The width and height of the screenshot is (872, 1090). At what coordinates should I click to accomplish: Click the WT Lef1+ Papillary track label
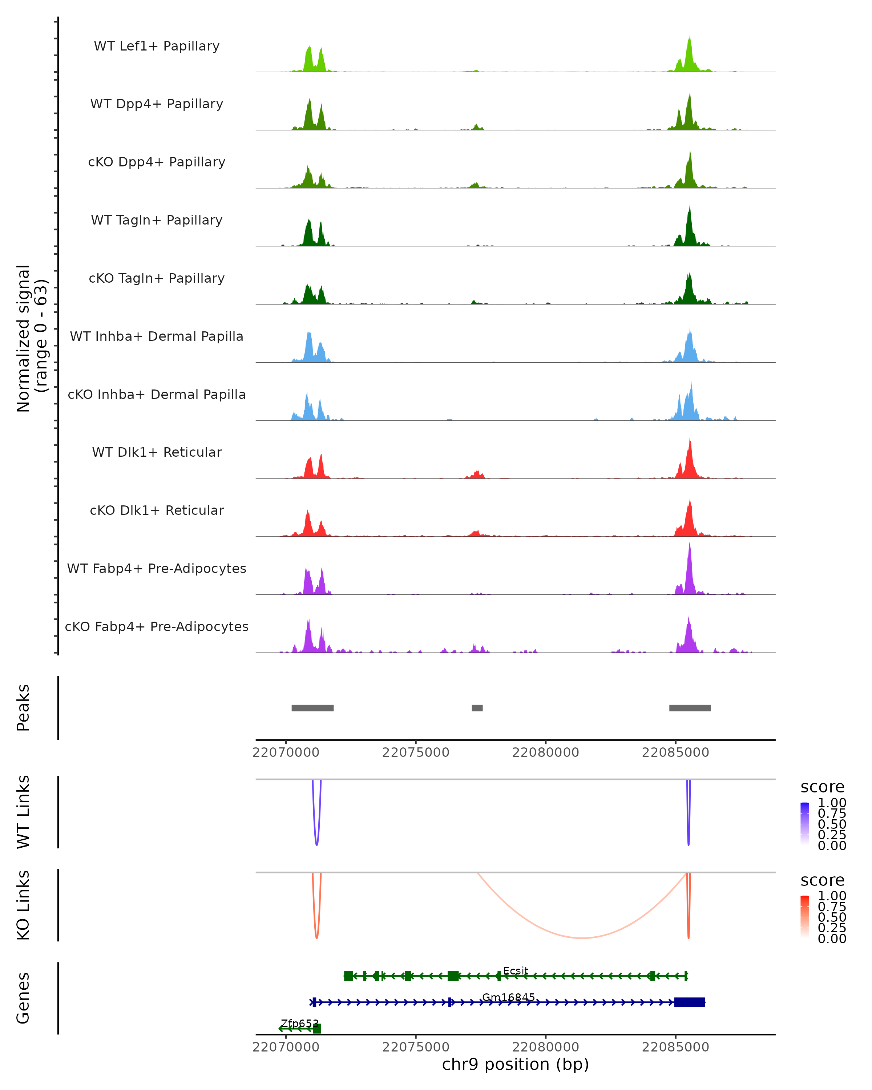pos(157,46)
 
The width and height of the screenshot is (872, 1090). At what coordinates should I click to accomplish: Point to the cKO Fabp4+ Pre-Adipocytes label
pos(157,626)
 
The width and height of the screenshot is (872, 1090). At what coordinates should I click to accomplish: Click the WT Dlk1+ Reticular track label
pos(157,452)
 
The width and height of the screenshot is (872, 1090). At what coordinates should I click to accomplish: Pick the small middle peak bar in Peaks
pos(477,708)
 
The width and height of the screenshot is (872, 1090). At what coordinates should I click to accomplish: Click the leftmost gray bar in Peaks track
pos(312,708)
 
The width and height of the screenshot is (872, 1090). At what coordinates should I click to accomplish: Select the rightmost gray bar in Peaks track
pos(690,708)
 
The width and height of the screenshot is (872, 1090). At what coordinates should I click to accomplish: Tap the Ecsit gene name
pos(515,971)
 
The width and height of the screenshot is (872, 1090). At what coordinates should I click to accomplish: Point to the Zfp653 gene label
pos(299,1023)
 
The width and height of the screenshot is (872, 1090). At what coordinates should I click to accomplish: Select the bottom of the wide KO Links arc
pos(582,938)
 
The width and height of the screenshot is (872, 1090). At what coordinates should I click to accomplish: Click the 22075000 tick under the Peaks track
pos(416,752)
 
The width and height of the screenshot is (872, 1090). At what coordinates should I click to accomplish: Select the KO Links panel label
pos(23,905)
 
